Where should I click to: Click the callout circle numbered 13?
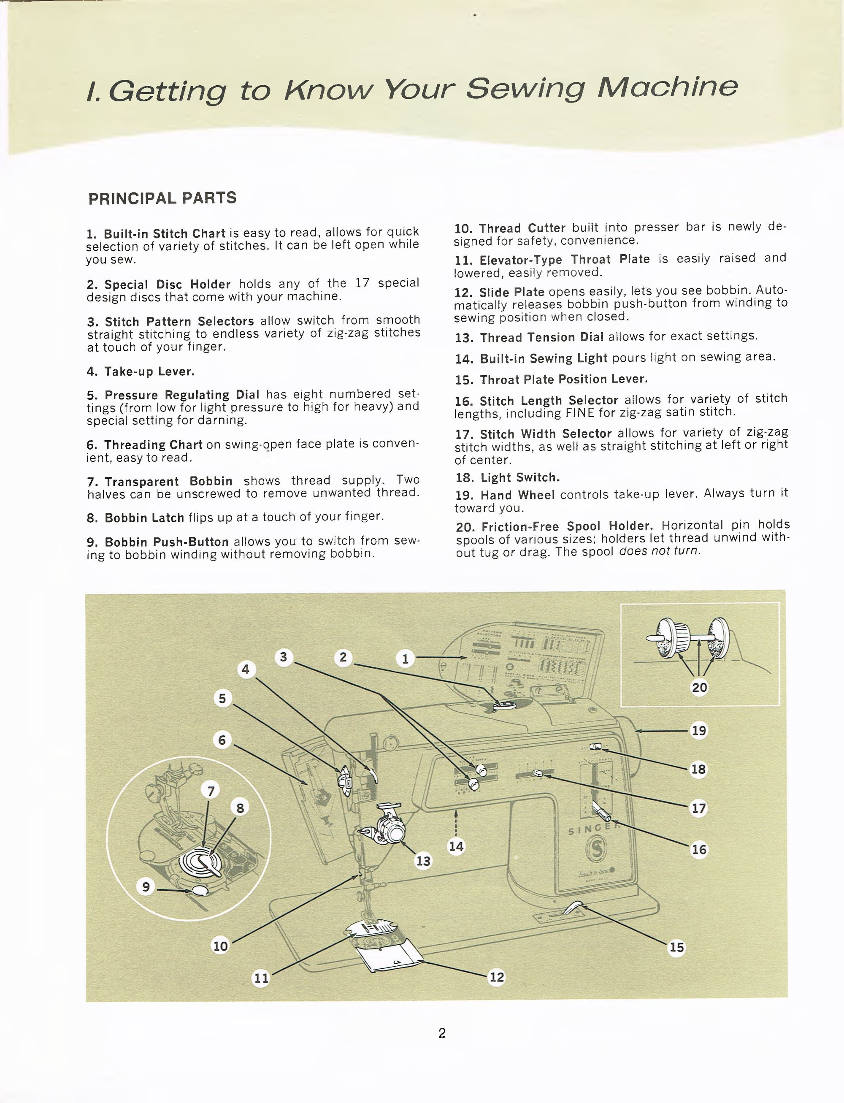pos(423,861)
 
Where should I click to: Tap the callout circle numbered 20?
pos(699,687)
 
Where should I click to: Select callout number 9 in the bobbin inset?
pos(146,886)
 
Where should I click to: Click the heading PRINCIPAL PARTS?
pos(162,198)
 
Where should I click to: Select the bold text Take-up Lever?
pos(149,372)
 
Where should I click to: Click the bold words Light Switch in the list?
pos(520,477)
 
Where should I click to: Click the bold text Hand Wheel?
pos(517,496)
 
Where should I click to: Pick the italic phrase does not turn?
pos(659,551)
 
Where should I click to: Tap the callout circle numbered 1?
pos(405,658)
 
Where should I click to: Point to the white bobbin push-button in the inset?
pos(200,890)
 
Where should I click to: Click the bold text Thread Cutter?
pos(522,228)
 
